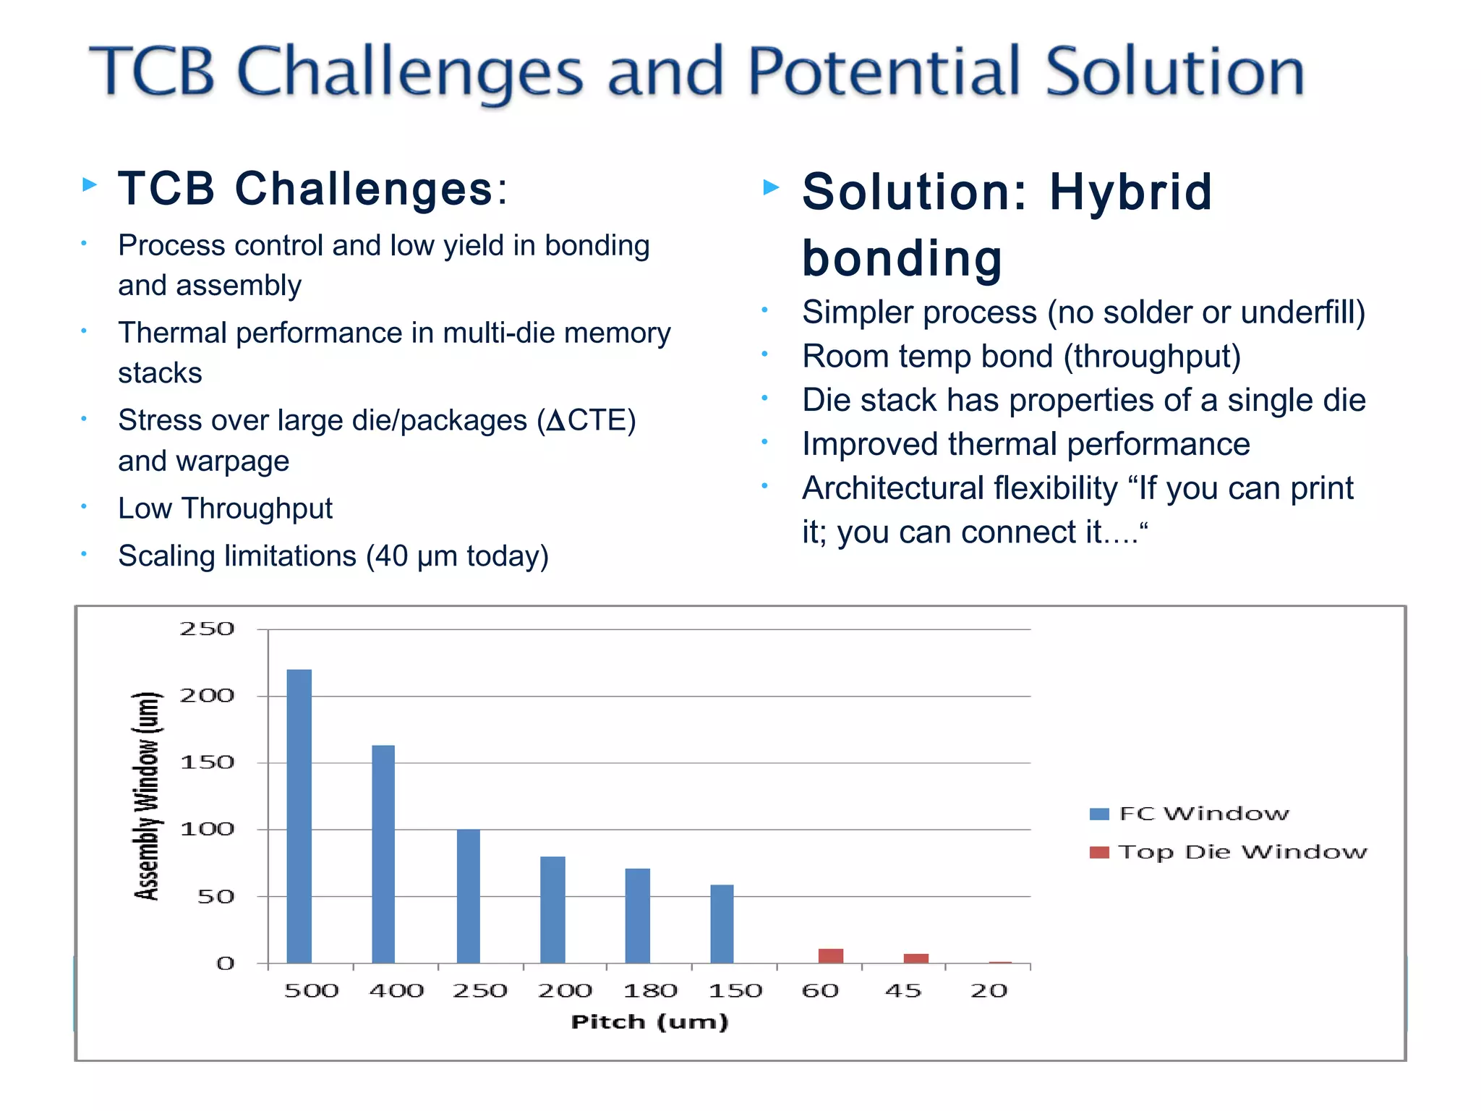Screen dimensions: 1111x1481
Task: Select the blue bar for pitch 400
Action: [x=383, y=854]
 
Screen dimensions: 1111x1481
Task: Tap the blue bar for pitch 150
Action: [x=722, y=924]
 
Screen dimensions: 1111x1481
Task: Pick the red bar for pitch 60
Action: [x=831, y=955]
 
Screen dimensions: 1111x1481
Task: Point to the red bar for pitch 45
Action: [x=916, y=958]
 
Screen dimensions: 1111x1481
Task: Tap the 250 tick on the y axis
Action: [x=207, y=629]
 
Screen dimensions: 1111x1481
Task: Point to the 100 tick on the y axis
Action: [x=207, y=829]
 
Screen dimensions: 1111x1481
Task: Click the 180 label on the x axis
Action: [x=650, y=990]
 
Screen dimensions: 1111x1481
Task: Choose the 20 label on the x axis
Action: [x=989, y=990]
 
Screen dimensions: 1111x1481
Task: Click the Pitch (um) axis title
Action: [x=649, y=1022]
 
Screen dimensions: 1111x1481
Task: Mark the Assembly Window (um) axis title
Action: [x=147, y=796]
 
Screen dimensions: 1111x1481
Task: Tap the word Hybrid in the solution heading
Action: [x=1130, y=192]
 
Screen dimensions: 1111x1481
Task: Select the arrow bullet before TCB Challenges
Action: [x=90, y=184]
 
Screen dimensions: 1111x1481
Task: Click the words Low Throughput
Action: [x=225, y=508]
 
